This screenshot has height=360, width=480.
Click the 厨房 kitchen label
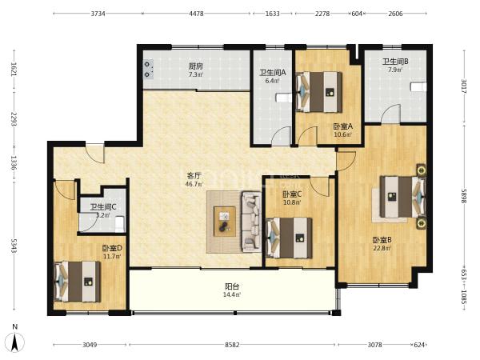(x=196, y=66)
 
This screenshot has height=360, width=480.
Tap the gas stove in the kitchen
(x=149, y=69)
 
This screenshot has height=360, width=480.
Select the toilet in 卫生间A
(x=283, y=98)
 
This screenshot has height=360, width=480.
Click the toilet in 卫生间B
(x=418, y=86)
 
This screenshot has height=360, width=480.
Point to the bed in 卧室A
(x=319, y=92)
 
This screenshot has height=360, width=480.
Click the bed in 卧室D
(x=77, y=282)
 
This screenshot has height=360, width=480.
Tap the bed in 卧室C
(x=290, y=238)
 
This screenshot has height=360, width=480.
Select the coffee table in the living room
(x=225, y=222)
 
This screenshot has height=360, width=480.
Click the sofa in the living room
(x=251, y=222)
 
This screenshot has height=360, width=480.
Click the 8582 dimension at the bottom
(x=232, y=345)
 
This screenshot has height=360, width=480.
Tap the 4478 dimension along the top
(x=196, y=14)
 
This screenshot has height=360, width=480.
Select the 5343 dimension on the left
(x=14, y=246)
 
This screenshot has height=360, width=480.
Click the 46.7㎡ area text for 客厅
(x=194, y=184)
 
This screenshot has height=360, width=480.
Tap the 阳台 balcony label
(x=232, y=286)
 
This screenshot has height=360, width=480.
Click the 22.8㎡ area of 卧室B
(x=382, y=248)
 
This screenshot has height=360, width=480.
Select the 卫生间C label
(x=103, y=207)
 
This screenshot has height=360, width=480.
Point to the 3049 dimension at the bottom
(x=90, y=345)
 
